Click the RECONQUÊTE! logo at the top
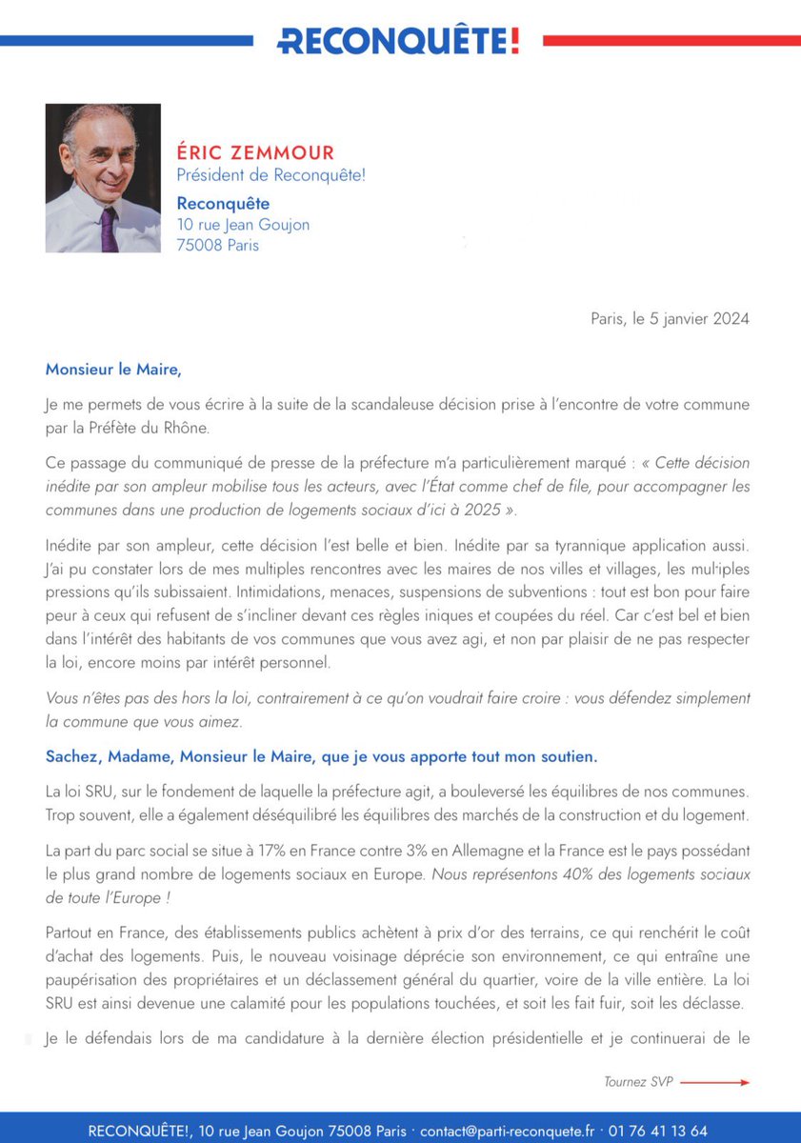(x=398, y=41)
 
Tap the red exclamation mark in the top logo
(x=514, y=41)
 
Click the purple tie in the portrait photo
(x=108, y=228)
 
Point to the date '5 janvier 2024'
(x=700, y=319)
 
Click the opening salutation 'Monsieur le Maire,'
(x=112, y=368)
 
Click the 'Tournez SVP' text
(x=638, y=1082)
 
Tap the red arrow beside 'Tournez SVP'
(x=714, y=1082)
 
